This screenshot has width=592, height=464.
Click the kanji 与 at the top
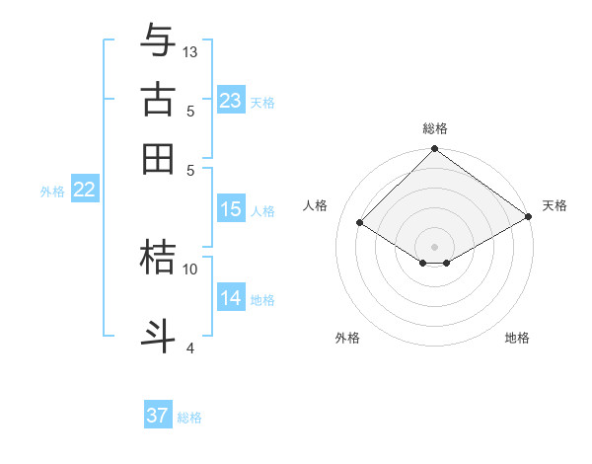[158, 41]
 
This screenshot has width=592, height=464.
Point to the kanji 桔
[158, 256]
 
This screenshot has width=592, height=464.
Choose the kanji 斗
[158, 334]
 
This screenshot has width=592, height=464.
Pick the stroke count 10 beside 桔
[190, 268]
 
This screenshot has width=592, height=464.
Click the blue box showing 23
[231, 101]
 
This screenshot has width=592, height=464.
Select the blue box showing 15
[231, 209]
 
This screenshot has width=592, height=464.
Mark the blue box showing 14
[231, 298]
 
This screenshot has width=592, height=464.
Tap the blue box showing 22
[84, 191]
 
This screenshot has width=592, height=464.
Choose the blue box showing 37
[158, 416]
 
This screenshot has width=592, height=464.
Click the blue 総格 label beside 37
[189, 418]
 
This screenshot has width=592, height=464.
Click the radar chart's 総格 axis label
[435, 128]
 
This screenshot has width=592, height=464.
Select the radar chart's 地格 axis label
[517, 338]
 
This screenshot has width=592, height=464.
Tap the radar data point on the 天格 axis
[529, 217]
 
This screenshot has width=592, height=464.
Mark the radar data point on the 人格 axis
[360, 223]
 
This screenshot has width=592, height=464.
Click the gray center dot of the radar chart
[435, 246]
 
